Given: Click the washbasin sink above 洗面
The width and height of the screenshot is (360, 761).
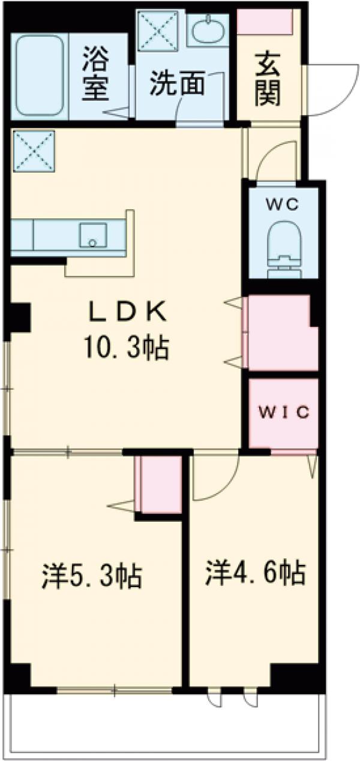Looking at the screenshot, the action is click(208, 29).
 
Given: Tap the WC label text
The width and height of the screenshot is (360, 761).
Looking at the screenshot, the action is click(283, 204).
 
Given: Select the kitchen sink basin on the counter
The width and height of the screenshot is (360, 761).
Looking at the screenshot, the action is click(92, 236).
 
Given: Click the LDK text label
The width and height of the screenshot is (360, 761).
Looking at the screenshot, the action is click(127, 311).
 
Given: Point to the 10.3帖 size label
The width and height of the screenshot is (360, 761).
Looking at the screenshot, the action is click(127, 348).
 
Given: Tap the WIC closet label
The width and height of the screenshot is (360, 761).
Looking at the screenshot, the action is click(284, 412).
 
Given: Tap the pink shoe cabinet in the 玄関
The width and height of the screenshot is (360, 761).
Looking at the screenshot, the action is click(265, 22).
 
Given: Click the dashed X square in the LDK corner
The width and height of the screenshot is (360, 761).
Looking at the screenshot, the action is click(34, 151).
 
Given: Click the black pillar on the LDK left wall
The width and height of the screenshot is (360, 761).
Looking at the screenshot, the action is click(20, 317).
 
